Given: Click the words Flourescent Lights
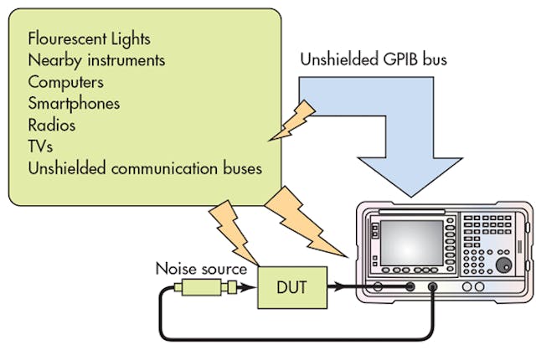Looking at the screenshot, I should tap(89, 38).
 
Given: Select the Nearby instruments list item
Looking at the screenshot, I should tap(95, 59).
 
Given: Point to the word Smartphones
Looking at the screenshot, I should tap(73, 103).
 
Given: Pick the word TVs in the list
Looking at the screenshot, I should tap(41, 147).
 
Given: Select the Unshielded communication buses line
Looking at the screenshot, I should tap(144, 168).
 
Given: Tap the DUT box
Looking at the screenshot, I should tap(285, 286).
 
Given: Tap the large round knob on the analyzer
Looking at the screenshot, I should tap(504, 267).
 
